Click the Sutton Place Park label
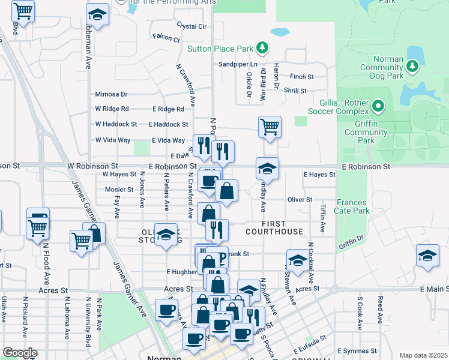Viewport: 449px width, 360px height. tap(220, 49)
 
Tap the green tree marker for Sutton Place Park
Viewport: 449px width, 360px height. tap(261, 47)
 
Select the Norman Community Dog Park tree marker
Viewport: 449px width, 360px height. tap(412, 67)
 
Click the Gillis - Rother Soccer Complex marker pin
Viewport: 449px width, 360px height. tap(378, 107)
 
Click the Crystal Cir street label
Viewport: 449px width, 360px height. tap(191, 26)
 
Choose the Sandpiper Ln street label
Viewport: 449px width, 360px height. tap(238, 64)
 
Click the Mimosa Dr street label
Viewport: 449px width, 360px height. tap(111, 94)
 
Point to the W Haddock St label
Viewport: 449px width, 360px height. tap(116, 124)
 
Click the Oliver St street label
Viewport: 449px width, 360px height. tap(300, 199)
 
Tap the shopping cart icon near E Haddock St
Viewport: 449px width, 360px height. tap(270, 127)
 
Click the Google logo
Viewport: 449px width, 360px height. tap(20, 353)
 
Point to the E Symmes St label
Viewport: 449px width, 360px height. tap(357, 350)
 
